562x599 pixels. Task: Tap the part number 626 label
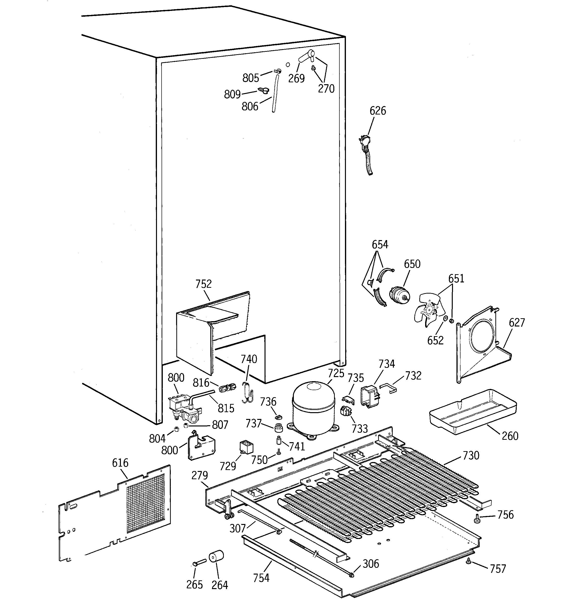[378, 111]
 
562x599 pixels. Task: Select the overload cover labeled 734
[369, 396]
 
